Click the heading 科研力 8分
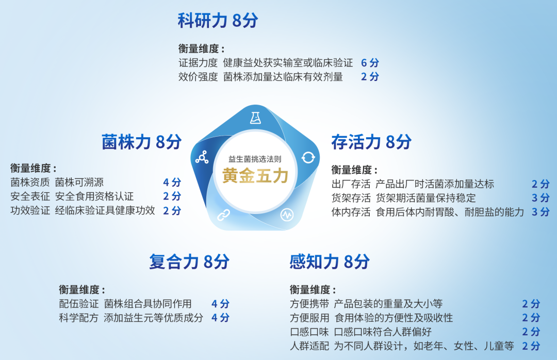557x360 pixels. (218, 20)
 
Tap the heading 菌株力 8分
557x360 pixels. (141, 142)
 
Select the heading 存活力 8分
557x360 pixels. (371, 142)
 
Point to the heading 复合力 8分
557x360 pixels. (189, 261)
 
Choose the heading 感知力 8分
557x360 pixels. (329, 261)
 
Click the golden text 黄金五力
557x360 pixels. (255, 175)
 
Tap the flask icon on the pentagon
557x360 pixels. (255, 118)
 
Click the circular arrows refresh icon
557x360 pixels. (308, 157)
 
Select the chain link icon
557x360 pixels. (223, 215)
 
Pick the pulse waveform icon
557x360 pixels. (287, 215)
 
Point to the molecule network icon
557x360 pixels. (202, 157)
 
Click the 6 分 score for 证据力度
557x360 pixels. (370, 63)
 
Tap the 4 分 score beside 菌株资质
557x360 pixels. (172, 182)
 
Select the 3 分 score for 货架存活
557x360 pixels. (540, 198)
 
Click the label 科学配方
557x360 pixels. (78, 318)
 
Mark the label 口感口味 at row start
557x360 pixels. (309, 332)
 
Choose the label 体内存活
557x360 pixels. (351, 212)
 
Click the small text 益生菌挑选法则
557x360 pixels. (255, 159)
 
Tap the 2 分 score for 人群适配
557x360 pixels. (531, 346)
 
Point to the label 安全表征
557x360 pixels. (30, 196)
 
